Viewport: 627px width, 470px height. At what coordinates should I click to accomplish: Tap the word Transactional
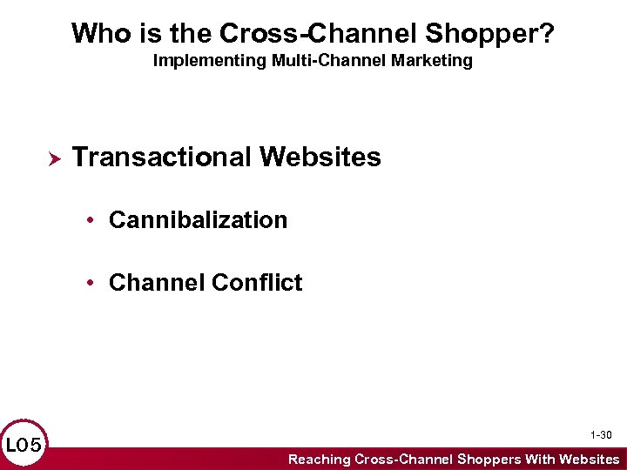(x=161, y=158)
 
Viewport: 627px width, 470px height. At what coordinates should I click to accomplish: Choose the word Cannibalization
(x=198, y=220)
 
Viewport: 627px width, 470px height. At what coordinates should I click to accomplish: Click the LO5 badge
(x=24, y=446)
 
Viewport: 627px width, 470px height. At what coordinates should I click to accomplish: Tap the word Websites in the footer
(x=590, y=459)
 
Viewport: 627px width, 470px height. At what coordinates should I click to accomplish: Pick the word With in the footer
(x=540, y=459)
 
